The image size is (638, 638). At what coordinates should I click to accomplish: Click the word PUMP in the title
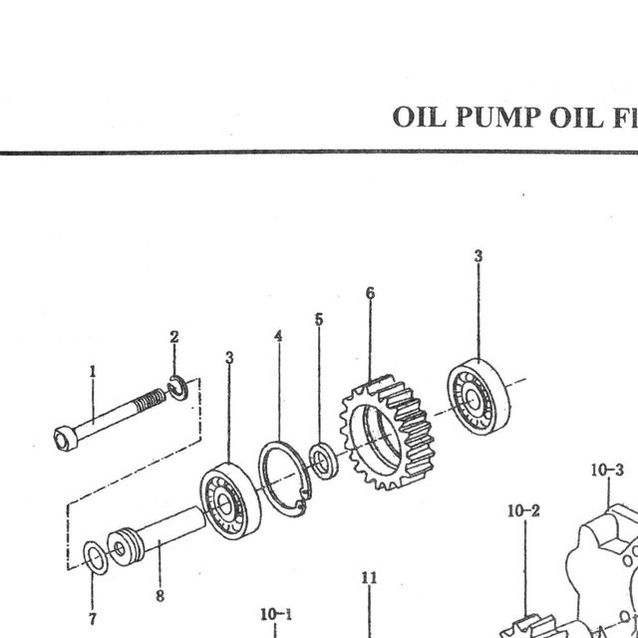[498, 117]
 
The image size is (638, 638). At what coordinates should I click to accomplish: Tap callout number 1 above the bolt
[93, 372]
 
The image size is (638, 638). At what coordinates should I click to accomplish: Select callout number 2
[174, 337]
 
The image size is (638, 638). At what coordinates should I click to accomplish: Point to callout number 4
[278, 336]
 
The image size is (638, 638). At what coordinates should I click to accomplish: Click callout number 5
[319, 319]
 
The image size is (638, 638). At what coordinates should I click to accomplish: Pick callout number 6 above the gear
[370, 293]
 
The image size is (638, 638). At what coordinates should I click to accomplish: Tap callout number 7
[93, 619]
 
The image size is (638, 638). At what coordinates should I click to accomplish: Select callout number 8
[159, 596]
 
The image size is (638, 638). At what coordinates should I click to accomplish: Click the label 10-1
[276, 615]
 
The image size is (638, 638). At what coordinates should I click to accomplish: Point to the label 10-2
[523, 511]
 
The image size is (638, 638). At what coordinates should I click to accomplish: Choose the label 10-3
[607, 471]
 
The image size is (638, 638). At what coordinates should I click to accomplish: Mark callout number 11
[369, 578]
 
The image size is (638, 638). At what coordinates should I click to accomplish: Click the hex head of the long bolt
[65, 438]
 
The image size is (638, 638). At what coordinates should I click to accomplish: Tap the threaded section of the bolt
[151, 400]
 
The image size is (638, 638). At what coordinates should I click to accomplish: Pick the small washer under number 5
[323, 461]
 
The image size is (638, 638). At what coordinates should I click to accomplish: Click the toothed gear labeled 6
[388, 432]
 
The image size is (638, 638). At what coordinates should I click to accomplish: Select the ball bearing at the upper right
[478, 397]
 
